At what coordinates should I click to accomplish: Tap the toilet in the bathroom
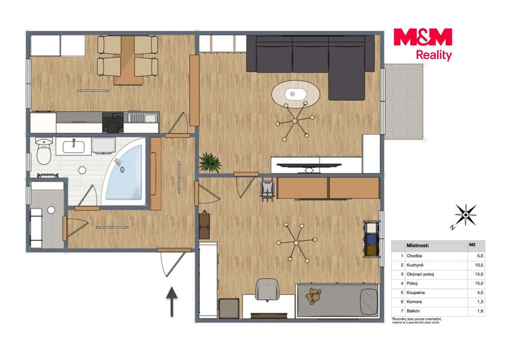44,151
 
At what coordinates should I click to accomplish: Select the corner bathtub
124,171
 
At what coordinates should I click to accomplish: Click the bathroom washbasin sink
74,146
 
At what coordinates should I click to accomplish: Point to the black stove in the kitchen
113,123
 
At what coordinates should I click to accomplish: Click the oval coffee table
296,94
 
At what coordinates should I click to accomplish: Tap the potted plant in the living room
210,162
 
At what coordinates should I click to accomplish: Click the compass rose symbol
466,215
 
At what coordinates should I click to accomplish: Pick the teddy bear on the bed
313,296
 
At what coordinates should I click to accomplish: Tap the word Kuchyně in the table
415,265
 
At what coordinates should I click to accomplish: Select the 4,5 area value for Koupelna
480,293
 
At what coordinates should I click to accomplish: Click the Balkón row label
413,311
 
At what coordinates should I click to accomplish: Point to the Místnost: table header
418,246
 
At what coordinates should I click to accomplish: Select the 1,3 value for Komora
480,302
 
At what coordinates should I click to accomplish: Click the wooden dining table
129,60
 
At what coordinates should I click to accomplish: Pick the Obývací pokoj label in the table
420,275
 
